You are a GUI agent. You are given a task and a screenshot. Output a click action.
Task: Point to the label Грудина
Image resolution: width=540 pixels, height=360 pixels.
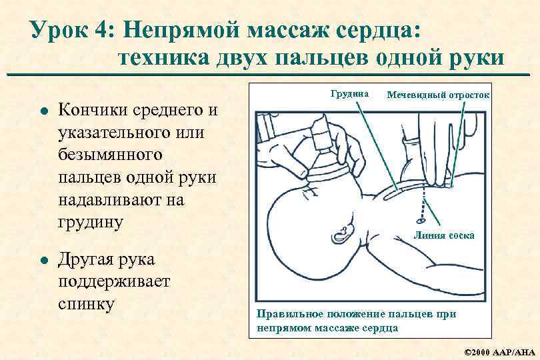349,94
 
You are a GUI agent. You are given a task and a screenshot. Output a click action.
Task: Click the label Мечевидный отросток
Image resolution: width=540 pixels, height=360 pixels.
438,95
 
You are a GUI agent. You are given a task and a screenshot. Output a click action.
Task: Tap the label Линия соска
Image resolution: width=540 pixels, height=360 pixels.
444,235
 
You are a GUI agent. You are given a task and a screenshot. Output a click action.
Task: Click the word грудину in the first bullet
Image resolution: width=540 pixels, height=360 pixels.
91,222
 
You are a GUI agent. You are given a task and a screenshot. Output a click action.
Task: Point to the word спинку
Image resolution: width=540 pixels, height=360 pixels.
87,304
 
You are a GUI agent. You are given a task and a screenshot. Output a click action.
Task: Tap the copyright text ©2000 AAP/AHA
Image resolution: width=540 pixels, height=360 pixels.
498,351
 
